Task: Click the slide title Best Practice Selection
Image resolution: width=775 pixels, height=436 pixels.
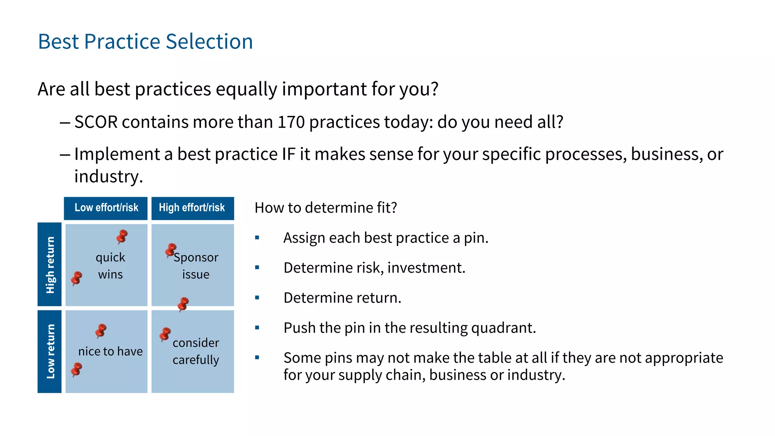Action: coord(145,41)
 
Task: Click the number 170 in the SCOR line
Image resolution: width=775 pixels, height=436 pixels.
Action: coord(291,122)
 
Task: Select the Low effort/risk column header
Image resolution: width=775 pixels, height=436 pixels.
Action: coord(106,208)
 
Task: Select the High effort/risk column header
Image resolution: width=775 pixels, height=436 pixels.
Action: coord(192,208)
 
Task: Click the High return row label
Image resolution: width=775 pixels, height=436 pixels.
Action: coord(50,265)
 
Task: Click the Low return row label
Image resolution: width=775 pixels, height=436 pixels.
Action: coord(50,351)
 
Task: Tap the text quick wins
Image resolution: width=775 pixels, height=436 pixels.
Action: coord(110,266)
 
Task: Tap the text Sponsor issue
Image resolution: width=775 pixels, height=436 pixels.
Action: coord(196,266)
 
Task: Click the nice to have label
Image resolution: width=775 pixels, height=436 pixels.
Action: coord(110,351)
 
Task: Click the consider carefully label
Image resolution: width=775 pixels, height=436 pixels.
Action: coord(196,351)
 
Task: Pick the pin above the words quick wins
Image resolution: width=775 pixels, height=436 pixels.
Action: coord(122,237)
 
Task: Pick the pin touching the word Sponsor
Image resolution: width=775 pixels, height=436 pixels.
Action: coord(170,250)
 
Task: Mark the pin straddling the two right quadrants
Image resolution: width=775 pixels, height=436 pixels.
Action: coord(183,304)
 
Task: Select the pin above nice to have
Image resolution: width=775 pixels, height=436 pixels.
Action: coord(101,330)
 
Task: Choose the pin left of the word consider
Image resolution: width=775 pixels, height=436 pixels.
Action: coord(165,334)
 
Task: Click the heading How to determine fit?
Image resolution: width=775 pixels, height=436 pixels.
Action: coord(325,208)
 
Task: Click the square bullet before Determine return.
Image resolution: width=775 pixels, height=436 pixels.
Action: coord(257,298)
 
